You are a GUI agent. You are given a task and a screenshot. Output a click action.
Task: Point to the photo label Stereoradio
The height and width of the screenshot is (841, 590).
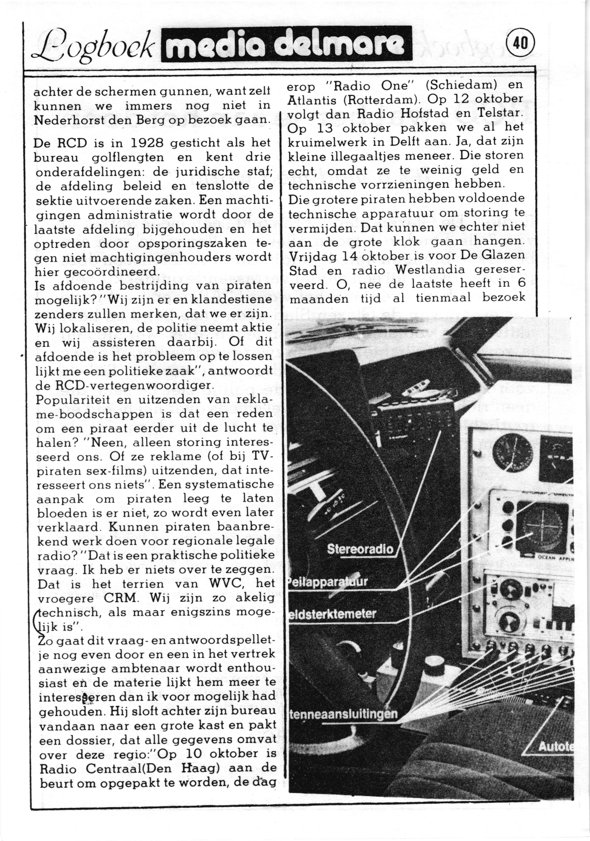point(360,549)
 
